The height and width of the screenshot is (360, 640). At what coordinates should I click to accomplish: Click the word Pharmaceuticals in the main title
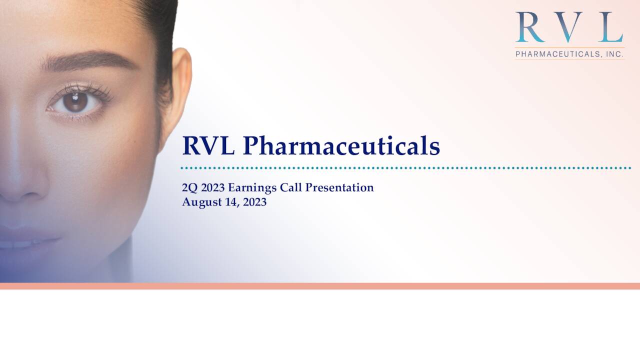[341, 146]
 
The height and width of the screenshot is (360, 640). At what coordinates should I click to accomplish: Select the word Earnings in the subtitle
[252, 188]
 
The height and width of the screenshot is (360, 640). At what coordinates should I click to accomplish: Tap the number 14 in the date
[230, 202]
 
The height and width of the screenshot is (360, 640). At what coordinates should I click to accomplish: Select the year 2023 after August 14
[253, 202]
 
